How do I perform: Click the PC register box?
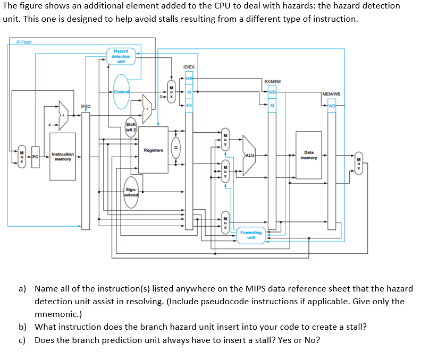coord(35,157)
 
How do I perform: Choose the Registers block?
coord(154,150)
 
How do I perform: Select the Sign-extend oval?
coord(131,192)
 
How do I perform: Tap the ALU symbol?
coord(249,155)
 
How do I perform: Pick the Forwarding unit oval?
coord(251,235)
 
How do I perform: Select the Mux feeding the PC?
coord(22,157)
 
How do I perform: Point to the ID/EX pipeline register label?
coord(189,67)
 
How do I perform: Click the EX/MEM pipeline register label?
coord(272,82)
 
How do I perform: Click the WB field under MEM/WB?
coord(332,105)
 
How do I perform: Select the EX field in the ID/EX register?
coord(189,106)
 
